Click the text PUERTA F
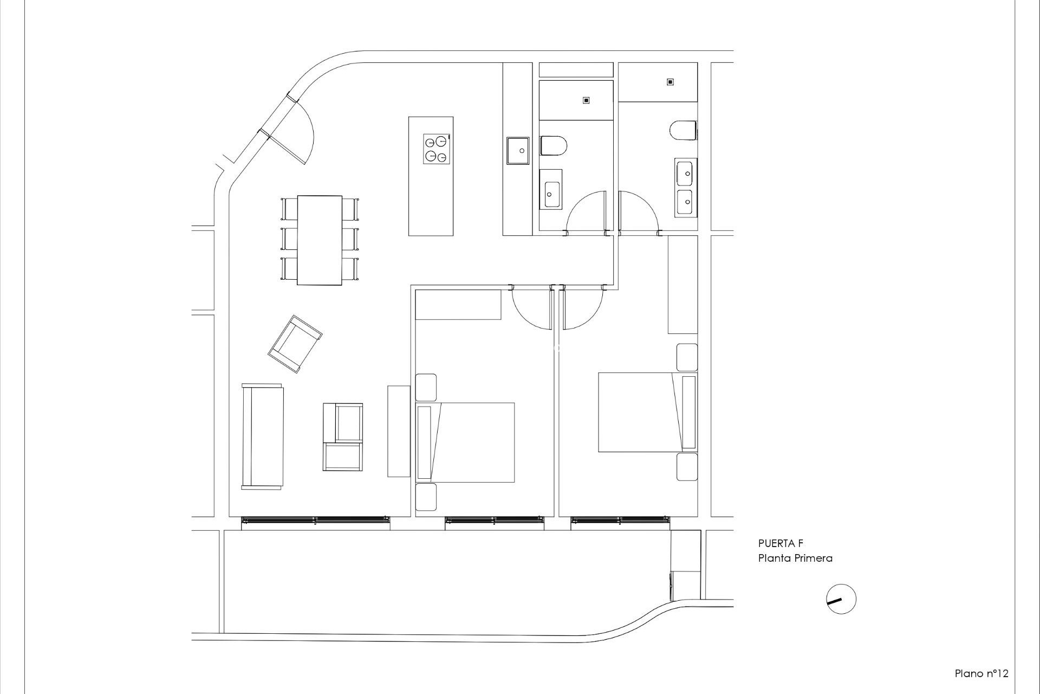781,544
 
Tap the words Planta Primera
795,558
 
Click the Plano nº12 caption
981,673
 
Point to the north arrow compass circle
841,600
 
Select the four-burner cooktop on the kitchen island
436,149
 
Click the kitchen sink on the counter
517,150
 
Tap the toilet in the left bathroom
553,146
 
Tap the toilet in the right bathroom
683,131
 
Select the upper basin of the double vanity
686,173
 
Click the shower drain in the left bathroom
586,100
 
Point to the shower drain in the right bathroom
670,82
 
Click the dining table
320,240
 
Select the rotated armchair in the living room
295,344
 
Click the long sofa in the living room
263,437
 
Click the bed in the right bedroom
647,412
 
